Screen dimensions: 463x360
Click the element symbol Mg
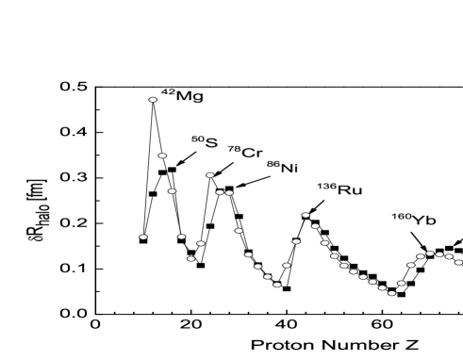190,96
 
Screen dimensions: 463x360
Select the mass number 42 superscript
168,92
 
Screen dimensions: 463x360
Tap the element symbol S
211,143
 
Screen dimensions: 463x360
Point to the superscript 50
197,139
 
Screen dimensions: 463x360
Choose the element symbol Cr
252,153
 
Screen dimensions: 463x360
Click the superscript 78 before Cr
233,149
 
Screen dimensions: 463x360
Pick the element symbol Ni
289,168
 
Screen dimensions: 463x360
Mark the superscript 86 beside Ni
273,164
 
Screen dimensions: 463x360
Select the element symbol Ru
350,190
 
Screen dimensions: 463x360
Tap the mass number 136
326,187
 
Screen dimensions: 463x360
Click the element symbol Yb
424,221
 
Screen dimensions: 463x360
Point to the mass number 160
401,217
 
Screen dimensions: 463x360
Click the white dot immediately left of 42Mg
153,99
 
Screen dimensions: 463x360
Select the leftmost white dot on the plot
143,237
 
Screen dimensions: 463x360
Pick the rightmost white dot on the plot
458,262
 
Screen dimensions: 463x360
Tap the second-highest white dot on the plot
162,155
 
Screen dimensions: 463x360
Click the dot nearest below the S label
210,174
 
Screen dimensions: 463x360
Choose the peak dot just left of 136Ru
306,215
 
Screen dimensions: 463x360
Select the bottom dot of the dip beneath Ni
277,284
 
